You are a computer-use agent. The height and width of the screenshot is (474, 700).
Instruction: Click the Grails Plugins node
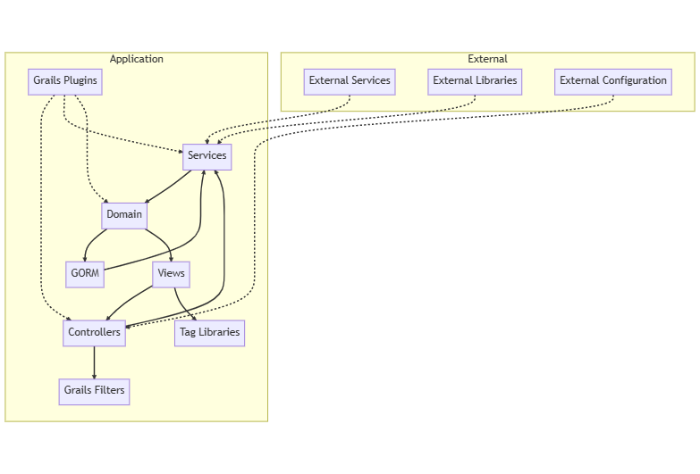click(x=64, y=81)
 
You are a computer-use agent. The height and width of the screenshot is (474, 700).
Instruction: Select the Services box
click(x=207, y=156)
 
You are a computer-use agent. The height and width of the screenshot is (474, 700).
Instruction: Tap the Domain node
click(x=124, y=215)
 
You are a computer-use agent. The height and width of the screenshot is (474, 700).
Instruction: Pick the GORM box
click(x=85, y=274)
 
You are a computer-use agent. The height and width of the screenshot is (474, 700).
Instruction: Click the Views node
click(x=171, y=274)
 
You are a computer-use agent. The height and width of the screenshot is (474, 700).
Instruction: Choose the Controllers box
click(x=94, y=333)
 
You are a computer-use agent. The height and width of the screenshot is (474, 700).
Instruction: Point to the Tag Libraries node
click(x=209, y=333)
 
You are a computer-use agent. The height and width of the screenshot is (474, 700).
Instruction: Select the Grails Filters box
click(x=94, y=391)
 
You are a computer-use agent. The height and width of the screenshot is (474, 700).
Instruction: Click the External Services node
click(x=350, y=81)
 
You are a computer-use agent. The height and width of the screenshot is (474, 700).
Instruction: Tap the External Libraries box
click(x=475, y=81)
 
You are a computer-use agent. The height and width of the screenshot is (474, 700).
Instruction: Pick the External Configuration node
click(x=612, y=81)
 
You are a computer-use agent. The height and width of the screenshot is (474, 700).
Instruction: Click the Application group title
click(x=136, y=59)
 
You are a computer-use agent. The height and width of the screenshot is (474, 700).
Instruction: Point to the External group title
click(x=487, y=59)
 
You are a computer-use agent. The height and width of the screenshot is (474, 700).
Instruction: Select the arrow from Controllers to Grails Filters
click(x=94, y=362)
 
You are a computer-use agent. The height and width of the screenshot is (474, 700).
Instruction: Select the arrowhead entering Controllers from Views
click(x=108, y=316)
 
